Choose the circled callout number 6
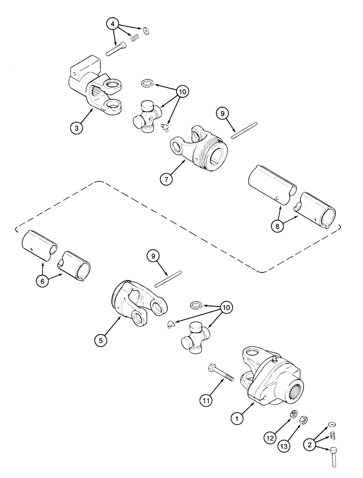click(43, 281)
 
